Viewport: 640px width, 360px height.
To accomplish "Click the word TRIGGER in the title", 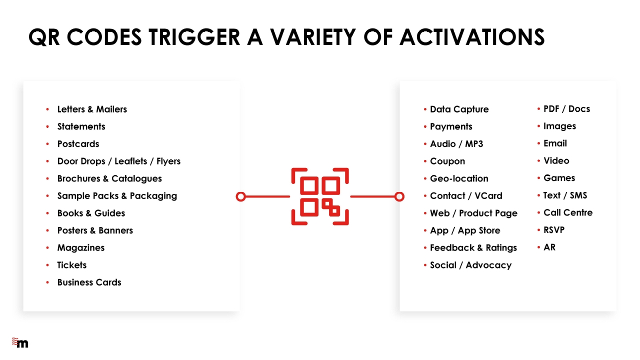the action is point(194,37).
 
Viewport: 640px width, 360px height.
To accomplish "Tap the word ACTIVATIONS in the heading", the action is point(472,37).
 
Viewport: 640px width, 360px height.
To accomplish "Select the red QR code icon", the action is point(320,196).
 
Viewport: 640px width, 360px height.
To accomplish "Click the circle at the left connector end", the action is point(241,196).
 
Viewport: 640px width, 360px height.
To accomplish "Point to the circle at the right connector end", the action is point(399,196).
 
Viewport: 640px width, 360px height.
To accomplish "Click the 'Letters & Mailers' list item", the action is point(92,109).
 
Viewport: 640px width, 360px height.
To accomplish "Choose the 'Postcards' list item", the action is point(78,143).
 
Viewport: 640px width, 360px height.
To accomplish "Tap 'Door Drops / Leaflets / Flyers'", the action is point(119,161).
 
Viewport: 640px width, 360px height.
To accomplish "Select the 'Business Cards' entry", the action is point(89,282).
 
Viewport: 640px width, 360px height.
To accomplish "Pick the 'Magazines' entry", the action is point(81,247).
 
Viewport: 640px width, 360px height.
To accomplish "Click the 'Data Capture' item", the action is point(459,109).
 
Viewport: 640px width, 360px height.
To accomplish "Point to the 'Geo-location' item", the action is point(459,178).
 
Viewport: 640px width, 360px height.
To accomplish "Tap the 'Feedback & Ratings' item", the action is point(473,247).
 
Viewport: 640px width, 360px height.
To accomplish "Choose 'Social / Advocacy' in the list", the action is point(471,265).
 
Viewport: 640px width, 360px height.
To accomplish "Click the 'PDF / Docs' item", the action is point(566,109).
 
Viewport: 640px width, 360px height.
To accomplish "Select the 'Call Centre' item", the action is point(568,212).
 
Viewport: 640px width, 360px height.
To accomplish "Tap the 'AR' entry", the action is point(549,247).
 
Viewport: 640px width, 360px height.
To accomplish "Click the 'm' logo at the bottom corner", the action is point(20,342).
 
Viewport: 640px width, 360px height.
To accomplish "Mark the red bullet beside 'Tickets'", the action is point(47,265).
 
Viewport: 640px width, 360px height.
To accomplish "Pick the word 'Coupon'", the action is point(447,161).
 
